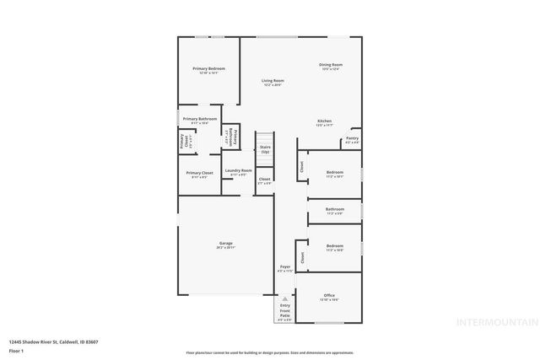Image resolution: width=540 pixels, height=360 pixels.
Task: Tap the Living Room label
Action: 272,80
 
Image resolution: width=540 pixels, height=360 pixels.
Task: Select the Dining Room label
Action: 330,65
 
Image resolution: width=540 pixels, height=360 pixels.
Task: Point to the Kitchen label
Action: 324,121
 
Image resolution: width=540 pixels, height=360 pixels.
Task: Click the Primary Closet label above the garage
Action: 200,173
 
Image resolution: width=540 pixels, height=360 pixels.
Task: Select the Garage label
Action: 225,243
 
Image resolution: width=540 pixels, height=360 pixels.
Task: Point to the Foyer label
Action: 285,267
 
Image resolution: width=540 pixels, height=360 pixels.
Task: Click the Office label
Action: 329,295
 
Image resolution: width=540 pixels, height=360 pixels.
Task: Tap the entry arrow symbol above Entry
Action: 285,299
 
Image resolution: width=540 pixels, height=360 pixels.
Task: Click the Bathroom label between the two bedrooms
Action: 335,209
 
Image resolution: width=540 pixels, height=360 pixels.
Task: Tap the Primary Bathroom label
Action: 200,119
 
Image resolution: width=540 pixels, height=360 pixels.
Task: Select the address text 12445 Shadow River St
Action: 42,341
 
